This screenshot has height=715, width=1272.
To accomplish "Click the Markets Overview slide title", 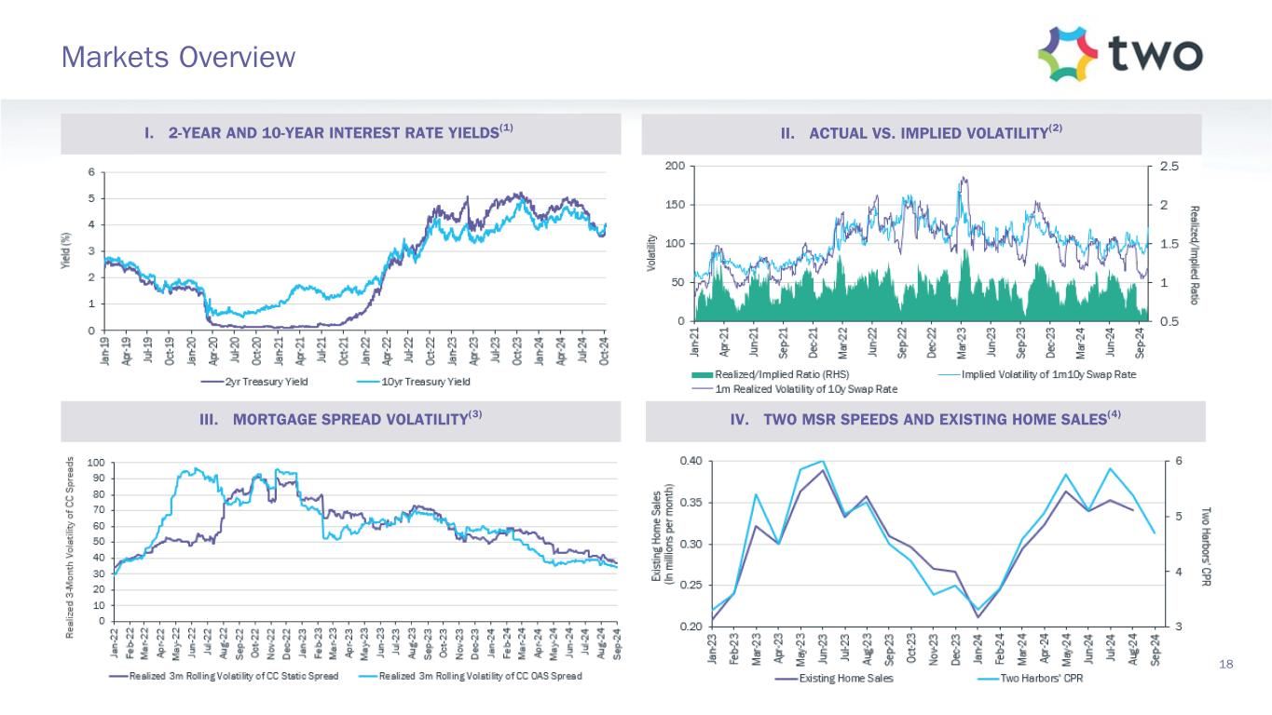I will [178, 58].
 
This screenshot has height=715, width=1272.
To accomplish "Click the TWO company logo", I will [1119, 54].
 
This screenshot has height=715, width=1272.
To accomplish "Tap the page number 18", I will [1225, 664].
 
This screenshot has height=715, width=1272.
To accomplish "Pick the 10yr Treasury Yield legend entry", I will [416, 382].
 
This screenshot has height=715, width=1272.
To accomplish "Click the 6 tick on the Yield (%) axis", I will [90, 172].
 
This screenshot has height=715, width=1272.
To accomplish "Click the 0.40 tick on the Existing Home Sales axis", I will [689, 461].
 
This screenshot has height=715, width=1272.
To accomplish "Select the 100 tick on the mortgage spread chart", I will [95, 462].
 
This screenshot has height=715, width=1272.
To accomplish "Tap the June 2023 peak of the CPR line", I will [822, 461].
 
